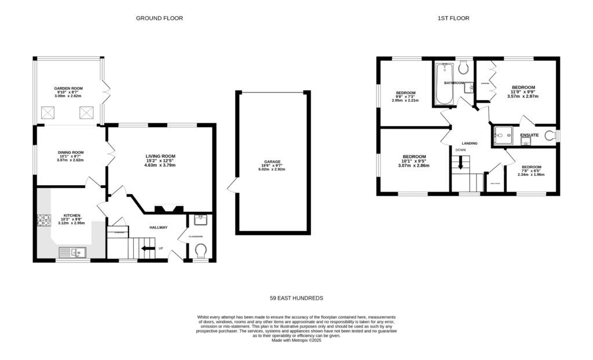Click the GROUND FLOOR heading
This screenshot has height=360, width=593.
159,19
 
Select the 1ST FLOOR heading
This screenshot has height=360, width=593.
453,19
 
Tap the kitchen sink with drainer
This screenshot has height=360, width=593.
72,252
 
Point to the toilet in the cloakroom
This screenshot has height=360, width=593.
200,251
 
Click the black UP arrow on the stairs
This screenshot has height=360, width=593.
149,248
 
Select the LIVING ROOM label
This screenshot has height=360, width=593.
160,156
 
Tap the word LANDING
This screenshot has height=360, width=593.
468,143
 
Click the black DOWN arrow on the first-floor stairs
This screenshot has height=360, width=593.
461,164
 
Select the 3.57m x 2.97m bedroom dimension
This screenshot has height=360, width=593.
522,97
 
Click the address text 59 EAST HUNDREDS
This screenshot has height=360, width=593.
296,298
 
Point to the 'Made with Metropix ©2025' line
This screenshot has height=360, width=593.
296,341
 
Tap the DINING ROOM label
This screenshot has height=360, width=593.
71,152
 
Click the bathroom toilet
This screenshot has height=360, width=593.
463,69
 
